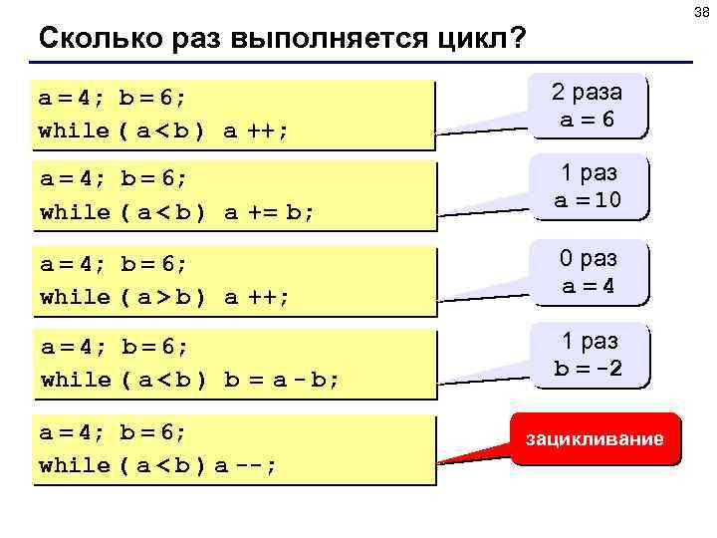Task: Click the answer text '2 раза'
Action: point(587,93)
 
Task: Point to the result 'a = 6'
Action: point(587,118)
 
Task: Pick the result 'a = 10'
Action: point(587,199)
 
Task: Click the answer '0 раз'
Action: point(587,259)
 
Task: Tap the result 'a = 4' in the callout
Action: point(587,285)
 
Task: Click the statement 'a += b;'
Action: point(268,212)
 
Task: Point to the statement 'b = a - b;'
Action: point(282,380)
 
